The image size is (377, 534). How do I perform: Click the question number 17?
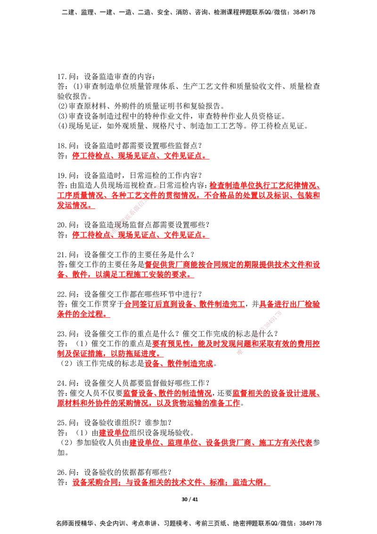point(62,76)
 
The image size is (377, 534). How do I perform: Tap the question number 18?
point(62,146)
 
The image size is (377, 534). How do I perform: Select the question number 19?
point(62,175)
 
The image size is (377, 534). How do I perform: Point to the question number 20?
point(62,225)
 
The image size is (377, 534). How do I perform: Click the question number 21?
point(62,254)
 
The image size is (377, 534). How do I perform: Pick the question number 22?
point(62,294)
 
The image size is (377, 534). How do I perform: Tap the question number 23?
point(62,334)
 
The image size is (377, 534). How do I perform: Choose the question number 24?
point(62,383)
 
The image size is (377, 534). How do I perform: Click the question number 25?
point(62,423)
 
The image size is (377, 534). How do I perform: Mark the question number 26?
point(62,472)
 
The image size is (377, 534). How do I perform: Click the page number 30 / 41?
point(189,499)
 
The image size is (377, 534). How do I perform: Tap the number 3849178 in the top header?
point(304,12)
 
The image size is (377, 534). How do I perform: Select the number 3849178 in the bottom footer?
point(310,523)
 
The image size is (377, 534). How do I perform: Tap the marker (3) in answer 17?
point(63,116)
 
